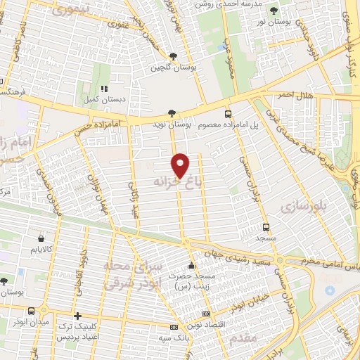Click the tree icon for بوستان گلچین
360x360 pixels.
(x=173, y=57)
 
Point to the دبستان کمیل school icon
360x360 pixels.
(x=103, y=89)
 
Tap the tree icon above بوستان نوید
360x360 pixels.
(x=172, y=112)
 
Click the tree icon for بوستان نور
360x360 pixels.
(x=274, y=11)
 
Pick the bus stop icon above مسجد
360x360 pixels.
(x=266, y=227)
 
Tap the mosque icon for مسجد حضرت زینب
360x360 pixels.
(x=191, y=266)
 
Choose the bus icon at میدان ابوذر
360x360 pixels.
(x=31, y=310)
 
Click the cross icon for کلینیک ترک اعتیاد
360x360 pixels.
(x=77, y=316)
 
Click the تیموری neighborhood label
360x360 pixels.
(x=67, y=10)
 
